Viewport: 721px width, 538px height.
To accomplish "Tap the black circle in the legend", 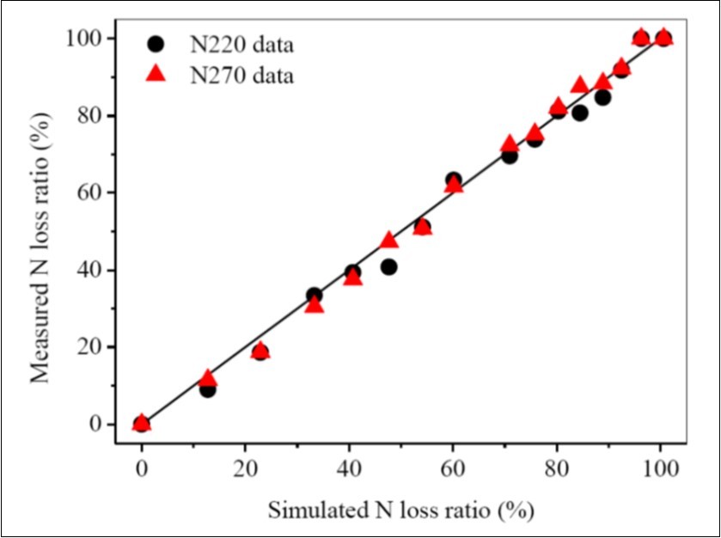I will click(156, 43).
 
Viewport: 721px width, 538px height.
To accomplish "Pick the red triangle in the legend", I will click(156, 75).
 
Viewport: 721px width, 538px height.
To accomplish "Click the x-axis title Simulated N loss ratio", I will click(401, 510).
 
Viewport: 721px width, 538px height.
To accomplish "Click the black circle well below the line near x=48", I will click(388, 267).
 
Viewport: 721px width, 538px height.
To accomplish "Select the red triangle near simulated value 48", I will click(389, 240).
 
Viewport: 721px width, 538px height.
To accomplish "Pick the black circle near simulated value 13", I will click(207, 389).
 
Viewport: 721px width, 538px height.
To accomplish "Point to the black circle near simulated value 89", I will click(602, 97).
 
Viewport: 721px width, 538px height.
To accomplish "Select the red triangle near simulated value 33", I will click(315, 305).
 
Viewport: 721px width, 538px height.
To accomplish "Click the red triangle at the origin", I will click(142, 422).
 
